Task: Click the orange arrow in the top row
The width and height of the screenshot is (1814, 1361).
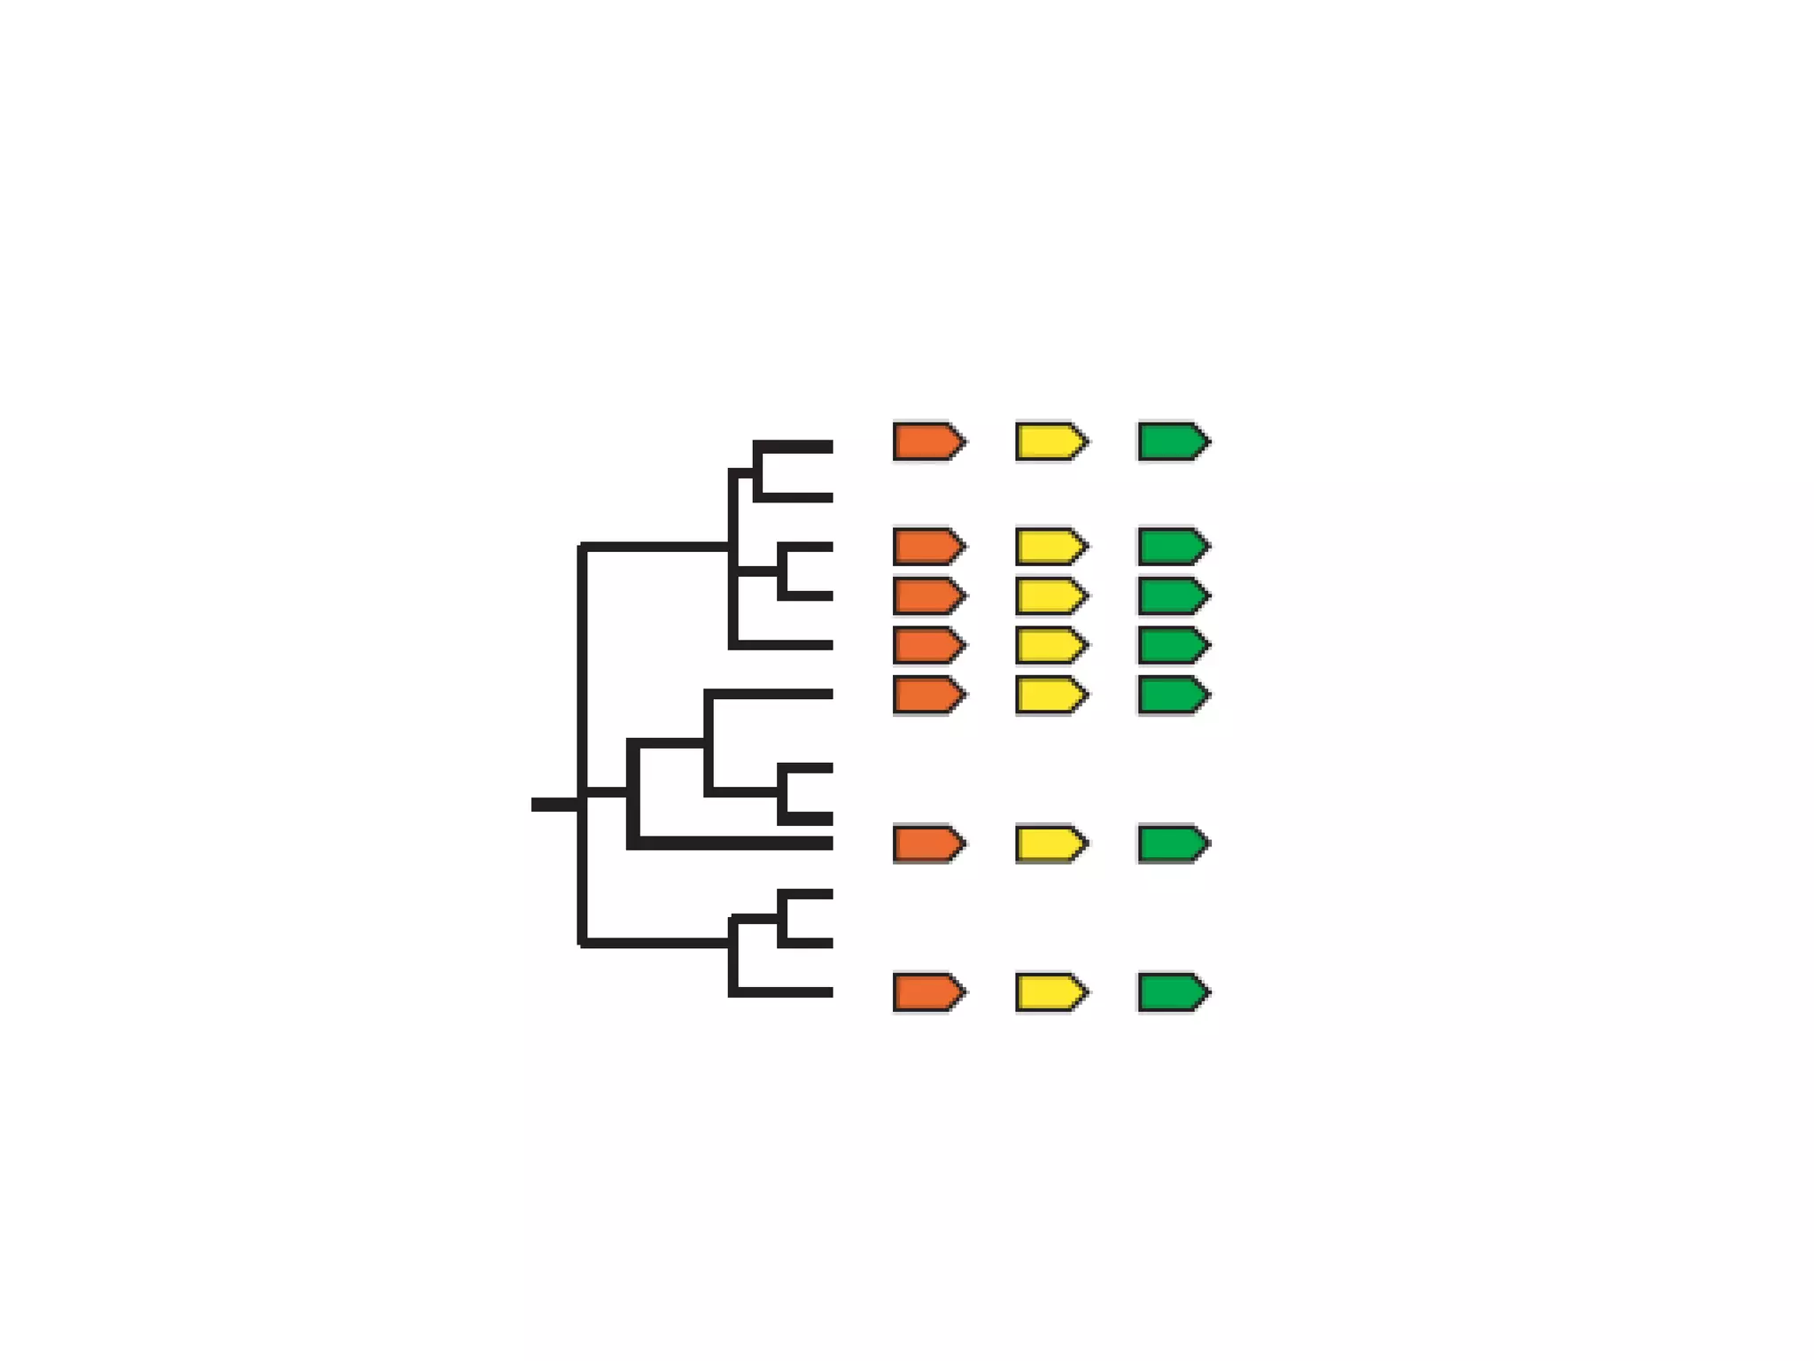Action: point(928,441)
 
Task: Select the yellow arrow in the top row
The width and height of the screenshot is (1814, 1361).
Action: point(1050,441)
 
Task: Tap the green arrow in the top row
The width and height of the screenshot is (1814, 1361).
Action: point(1173,441)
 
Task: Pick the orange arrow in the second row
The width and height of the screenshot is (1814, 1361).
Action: point(928,547)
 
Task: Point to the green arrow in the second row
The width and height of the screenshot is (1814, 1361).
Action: point(1173,547)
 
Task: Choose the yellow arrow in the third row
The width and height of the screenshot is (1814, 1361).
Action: point(1050,596)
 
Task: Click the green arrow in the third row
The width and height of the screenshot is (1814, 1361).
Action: point(1173,596)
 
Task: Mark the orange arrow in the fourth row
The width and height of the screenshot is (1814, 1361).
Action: point(928,646)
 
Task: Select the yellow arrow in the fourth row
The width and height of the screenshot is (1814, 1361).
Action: point(1050,646)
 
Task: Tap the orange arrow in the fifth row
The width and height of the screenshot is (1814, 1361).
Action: point(928,696)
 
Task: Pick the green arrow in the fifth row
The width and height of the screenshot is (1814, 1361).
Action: point(1173,696)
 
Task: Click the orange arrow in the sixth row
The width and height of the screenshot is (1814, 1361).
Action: point(928,844)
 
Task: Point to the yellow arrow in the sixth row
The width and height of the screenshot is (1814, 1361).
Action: point(1050,844)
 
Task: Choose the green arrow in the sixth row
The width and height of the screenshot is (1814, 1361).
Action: point(1173,844)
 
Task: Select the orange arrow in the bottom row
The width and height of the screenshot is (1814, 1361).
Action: point(928,992)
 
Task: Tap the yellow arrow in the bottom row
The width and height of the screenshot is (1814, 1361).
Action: point(1050,992)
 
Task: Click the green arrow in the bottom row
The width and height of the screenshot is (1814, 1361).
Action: point(1173,992)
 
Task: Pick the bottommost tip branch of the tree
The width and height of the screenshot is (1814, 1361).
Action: point(784,992)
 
